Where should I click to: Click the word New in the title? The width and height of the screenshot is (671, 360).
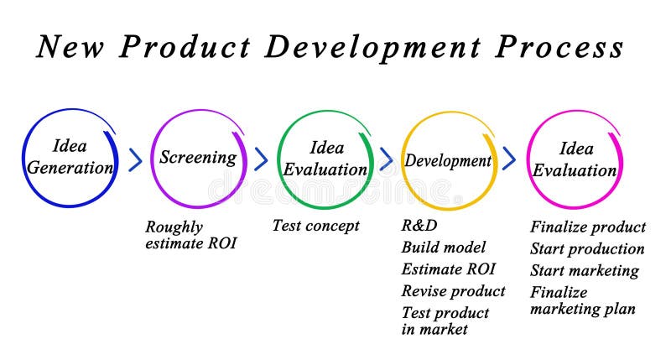70,47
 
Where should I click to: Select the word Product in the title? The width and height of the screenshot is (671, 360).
184,47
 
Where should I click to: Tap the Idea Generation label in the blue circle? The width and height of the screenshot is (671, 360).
70,157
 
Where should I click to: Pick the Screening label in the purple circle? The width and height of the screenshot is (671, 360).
198,157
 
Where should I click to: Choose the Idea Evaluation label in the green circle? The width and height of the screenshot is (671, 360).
325,159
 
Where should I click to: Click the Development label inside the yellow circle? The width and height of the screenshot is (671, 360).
448,160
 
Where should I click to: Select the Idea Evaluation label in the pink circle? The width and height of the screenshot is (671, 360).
575,159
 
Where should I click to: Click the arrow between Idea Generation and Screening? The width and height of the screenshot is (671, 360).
135,159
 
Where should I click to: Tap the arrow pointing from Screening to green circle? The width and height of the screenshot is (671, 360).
261,159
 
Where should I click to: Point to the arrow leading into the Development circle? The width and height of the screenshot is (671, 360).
386,159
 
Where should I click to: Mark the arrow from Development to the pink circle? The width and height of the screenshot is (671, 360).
509,159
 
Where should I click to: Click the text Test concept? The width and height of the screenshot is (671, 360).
315,226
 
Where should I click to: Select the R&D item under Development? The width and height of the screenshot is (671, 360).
419,225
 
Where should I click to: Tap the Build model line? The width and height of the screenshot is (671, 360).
443,247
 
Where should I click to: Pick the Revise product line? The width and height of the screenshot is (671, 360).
453,291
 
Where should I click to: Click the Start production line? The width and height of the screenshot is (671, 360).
587,248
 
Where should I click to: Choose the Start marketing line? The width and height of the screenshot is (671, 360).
584,270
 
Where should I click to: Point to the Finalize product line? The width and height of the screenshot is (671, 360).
588,227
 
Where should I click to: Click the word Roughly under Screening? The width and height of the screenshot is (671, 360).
174,227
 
